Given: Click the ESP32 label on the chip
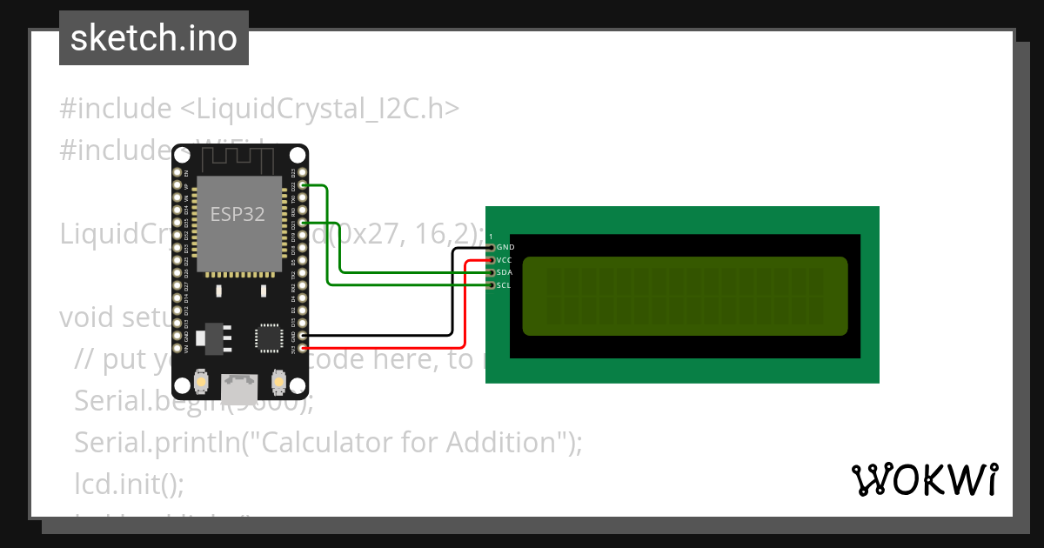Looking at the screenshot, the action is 238,214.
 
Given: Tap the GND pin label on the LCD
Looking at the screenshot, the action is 505,248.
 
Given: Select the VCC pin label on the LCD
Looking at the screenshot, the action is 505,260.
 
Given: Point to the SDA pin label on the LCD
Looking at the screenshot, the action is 505,273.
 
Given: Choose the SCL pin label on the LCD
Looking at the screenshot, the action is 505,285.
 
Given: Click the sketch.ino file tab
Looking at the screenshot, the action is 154,38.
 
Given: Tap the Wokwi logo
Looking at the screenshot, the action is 925,479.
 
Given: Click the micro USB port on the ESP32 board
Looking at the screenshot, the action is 239,385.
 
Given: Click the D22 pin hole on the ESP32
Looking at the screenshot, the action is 303,185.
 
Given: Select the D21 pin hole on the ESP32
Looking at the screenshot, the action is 303,223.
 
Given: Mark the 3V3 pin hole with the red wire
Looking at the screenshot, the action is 303,349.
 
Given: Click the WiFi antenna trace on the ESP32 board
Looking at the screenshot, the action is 239,158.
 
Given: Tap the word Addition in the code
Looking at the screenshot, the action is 501,443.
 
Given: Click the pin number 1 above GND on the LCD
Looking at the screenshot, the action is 491,237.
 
